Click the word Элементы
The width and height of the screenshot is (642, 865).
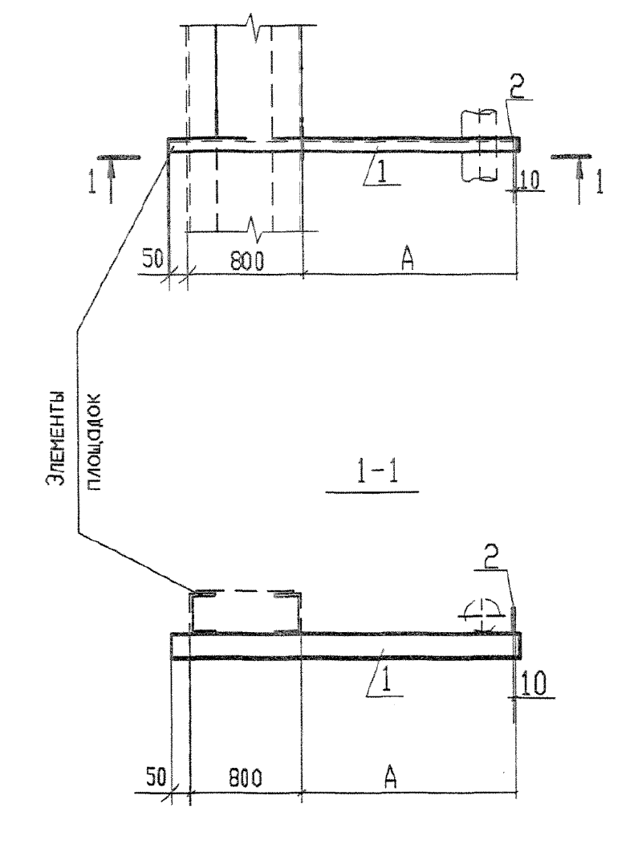(55, 438)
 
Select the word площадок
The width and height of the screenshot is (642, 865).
(94, 443)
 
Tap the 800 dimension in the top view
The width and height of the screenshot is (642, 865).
(246, 260)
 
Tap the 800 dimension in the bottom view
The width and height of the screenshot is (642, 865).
(245, 777)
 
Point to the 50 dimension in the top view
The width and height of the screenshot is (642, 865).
(153, 259)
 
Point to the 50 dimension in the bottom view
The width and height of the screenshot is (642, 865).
(156, 777)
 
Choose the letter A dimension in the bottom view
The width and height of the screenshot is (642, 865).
(390, 777)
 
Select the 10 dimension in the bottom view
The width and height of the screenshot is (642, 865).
(534, 684)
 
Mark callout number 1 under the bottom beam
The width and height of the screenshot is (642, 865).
(386, 683)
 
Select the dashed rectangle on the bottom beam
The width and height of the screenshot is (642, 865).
(246, 611)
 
